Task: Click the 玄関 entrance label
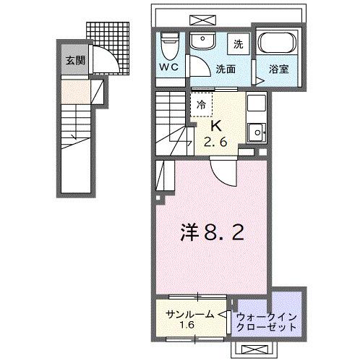point(74,60)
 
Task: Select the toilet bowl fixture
point(168,46)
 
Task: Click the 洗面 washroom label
point(226,69)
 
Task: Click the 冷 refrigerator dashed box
point(202,104)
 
